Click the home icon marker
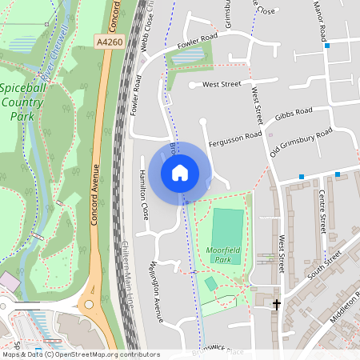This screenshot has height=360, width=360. (180, 172)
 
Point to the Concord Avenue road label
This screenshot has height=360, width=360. (94, 193)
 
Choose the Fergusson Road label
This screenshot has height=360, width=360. (235, 138)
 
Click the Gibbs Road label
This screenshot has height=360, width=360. (293, 117)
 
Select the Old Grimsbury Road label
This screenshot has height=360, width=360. (301, 142)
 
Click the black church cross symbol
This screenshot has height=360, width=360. (278, 304)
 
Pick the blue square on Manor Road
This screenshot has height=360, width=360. (327, 46)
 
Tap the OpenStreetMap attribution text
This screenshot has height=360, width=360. (70, 354)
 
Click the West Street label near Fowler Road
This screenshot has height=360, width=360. (222, 84)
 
